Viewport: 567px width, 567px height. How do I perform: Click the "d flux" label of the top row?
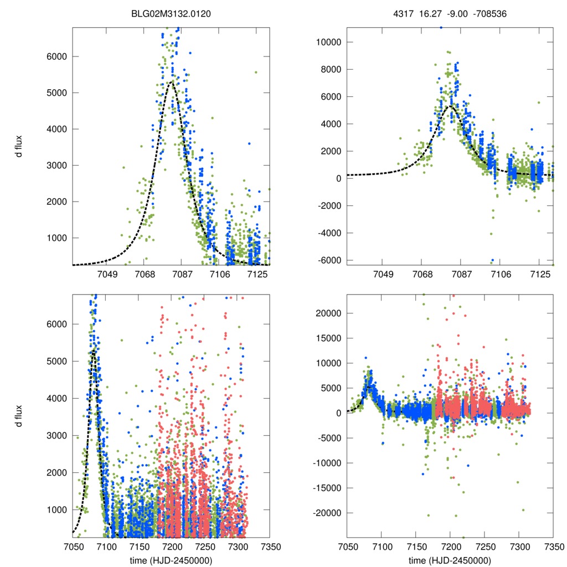[19, 146]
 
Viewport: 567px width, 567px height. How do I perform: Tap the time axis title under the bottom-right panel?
[450, 560]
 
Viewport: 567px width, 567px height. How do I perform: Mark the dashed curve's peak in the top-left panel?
[172, 83]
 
